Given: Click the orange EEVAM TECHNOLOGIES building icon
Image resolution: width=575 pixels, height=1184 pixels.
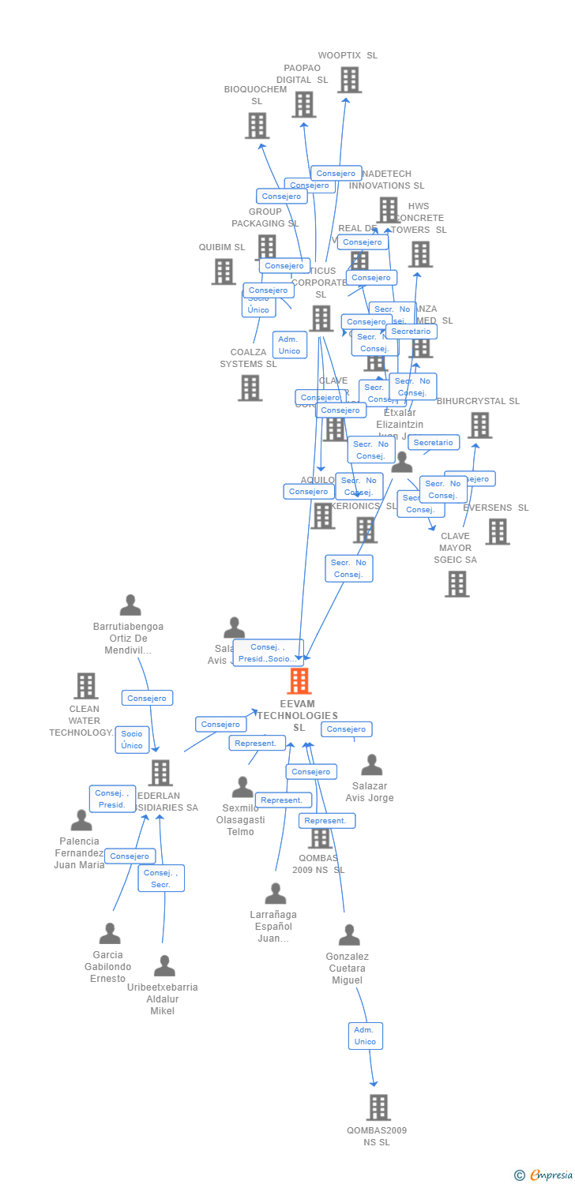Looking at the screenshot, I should pyautogui.click(x=299, y=681).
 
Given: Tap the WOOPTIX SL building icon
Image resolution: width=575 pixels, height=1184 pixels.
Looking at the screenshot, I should pyautogui.click(x=349, y=80).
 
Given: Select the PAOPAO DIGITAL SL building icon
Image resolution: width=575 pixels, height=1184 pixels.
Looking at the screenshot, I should pyautogui.click(x=303, y=104).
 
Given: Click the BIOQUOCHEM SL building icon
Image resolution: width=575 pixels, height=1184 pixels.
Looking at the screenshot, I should pyautogui.click(x=257, y=126).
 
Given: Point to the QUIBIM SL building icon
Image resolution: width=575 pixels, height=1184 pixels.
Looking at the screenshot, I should pyautogui.click(x=224, y=272).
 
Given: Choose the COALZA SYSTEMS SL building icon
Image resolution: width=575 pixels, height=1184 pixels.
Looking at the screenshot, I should pyautogui.click(x=250, y=388).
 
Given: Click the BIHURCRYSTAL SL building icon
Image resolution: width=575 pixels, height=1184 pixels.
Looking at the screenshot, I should pyautogui.click(x=479, y=425).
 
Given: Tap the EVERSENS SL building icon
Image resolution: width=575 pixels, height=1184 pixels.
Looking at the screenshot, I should pyautogui.click(x=497, y=532).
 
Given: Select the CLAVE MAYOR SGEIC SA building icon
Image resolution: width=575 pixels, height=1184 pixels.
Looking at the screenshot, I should pyautogui.click(x=457, y=584).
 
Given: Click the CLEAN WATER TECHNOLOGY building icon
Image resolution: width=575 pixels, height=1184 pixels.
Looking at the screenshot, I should pyautogui.click(x=85, y=686).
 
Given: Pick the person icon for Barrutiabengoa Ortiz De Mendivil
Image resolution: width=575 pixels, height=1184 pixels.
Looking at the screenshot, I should pyautogui.click(x=130, y=605).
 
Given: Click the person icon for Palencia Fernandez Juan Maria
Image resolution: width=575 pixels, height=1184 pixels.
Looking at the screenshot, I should pyautogui.click(x=81, y=821).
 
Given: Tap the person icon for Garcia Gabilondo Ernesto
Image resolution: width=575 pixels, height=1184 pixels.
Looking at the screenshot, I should pyautogui.click(x=110, y=934).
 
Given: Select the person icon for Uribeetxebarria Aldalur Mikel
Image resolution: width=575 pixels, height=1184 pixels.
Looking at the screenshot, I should pyautogui.click(x=164, y=966).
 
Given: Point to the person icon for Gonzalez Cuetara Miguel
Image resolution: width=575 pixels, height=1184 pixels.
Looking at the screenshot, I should pyautogui.click(x=348, y=935).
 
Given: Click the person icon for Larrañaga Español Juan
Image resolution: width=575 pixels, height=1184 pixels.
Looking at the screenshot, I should pyautogui.click(x=275, y=894).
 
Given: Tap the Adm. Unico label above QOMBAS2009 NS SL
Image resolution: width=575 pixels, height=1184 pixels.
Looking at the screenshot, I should pyautogui.click(x=365, y=1036).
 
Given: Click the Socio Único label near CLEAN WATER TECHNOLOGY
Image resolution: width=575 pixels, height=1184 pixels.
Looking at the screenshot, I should pyautogui.click(x=132, y=740).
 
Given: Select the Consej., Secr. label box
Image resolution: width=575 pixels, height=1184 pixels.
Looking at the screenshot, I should pyautogui.click(x=161, y=879).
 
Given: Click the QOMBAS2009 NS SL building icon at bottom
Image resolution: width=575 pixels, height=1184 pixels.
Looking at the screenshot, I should pyautogui.click(x=378, y=1107).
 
